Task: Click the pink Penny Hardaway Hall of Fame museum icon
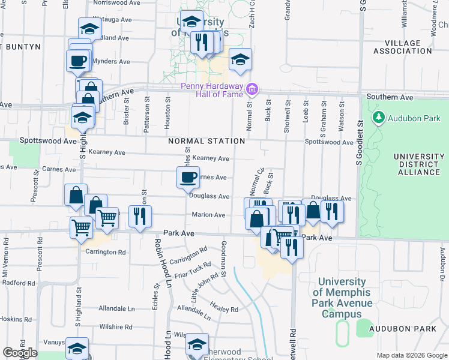(x=252, y=89)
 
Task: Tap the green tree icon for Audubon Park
(x=379, y=117)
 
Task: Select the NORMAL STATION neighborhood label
(x=206, y=141)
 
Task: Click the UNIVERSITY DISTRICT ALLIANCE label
(x=419, y=164)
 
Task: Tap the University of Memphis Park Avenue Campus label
(x=343, y=298)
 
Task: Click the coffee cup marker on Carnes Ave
(x=188, y=177)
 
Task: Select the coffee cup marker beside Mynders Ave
(x=79, y=61)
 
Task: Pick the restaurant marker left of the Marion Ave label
(x=140, y=216)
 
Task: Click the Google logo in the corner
(x=20, y=353)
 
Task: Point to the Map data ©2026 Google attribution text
(x=411, y=355)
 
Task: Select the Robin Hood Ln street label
(x=161, y=263)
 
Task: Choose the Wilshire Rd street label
(x=116, y=327)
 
